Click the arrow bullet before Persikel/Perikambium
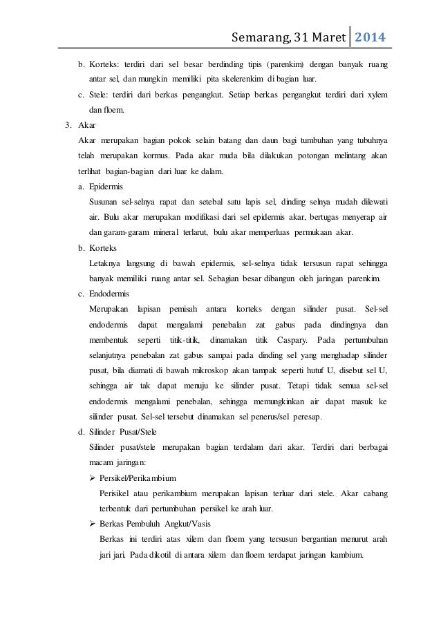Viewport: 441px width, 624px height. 93,478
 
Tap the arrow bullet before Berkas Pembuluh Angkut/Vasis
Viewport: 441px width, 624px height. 93,523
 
